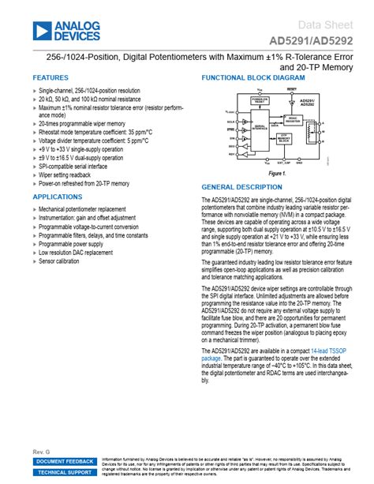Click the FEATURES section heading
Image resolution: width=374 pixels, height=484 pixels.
pyautogui.click(x=50, y=78)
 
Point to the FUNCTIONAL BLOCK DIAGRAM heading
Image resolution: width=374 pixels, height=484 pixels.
pyautogui.click(x=252, y=78)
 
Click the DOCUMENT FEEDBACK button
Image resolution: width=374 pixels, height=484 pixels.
pyautogui.click(x=65, y=461)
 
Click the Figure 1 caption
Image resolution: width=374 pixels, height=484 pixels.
pyautogui.click(x=277, y=173)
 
